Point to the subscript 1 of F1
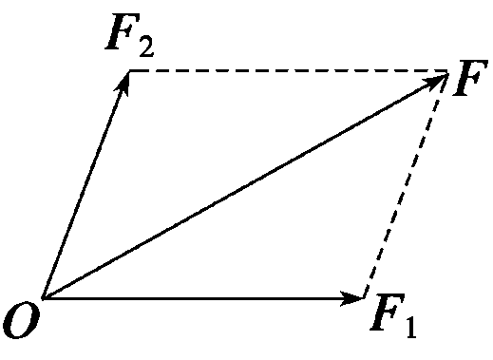coord(409,326)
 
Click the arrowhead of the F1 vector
coord(355,298)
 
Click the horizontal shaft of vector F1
coord(190,298)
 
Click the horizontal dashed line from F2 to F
coord(285,71)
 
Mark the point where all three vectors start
coord(42,298)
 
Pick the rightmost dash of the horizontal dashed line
coord(439,71)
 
